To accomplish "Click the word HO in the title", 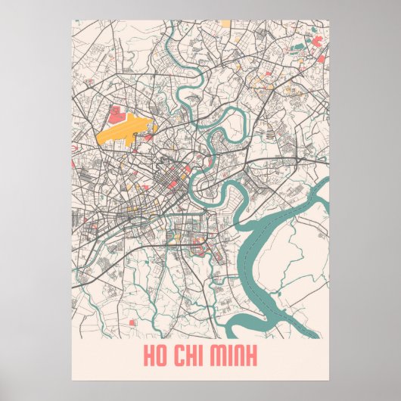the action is [154, 354].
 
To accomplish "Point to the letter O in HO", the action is [160, 354].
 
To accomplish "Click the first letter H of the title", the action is [147, 354].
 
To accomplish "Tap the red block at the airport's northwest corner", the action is [117, 114].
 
